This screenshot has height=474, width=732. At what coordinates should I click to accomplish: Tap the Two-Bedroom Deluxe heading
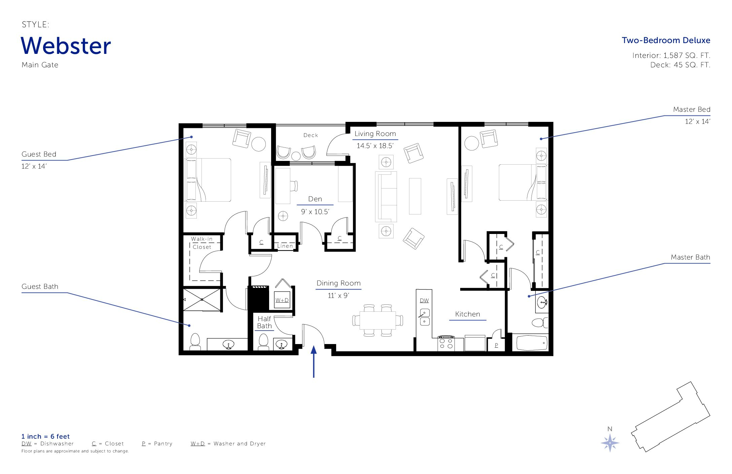(x=666, y=40)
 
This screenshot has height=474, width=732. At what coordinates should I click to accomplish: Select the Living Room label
(x=375, y=134)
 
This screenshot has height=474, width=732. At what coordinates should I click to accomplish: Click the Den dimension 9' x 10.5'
(x=315, y=212)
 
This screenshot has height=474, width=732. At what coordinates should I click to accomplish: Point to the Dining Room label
(x=338, y=283)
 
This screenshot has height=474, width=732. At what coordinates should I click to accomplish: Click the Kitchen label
(x=468, y=314)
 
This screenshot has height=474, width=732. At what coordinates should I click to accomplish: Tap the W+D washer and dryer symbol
(x=282, y=300)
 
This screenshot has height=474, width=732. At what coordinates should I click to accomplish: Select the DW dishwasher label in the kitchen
(x=424, y=301)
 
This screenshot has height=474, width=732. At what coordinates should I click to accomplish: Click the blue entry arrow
(x=314, y=362)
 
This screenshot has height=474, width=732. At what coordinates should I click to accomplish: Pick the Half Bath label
(x=264, y=322)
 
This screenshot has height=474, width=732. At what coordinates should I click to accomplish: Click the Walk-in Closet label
(x=202, y=243)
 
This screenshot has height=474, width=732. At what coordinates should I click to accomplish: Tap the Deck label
(x=310, y=135)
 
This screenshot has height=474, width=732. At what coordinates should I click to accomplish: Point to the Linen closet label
(x=285, y=246)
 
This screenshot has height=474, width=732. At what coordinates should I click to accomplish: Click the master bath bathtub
(x=532, y=343)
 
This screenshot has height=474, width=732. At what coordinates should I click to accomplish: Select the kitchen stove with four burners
(x=446, y=343)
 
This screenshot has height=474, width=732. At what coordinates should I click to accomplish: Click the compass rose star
(x=610, y=443)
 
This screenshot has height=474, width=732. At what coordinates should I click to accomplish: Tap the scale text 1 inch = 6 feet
(x=45, y=436)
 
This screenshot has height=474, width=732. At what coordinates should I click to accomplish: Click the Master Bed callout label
(x=692, y=109)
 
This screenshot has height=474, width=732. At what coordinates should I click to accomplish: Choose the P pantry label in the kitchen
(x=497, y=345)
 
